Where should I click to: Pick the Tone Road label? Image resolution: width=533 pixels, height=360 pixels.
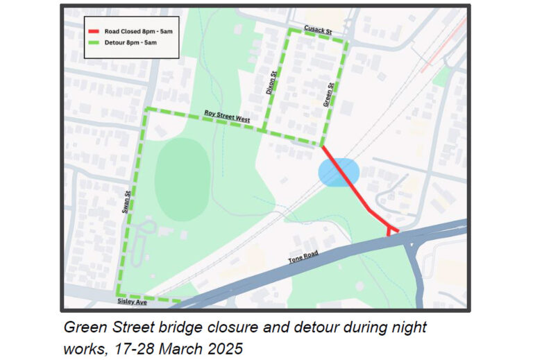click(x=303, y=259)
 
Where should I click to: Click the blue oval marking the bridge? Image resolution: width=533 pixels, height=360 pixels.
click(x=339, y=173)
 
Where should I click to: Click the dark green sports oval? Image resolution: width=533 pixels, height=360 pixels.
click(x=182, y=178)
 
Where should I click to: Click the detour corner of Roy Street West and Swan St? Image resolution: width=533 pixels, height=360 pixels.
click(x=145, y=110)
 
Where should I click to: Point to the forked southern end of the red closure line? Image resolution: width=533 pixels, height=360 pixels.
click(x=391, y=229)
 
